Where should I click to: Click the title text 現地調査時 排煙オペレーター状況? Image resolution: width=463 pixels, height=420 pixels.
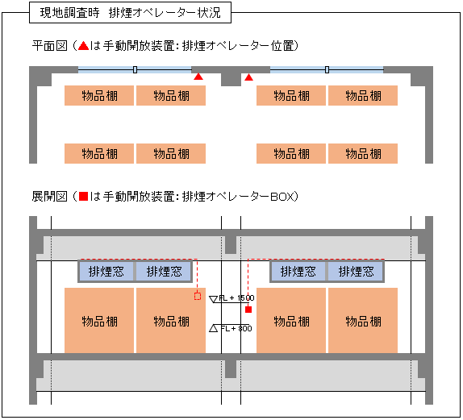coord(130,13)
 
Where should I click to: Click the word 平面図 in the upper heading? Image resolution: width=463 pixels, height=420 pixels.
coord(50,46)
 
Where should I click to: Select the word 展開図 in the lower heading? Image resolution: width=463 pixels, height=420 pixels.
coord(50,196)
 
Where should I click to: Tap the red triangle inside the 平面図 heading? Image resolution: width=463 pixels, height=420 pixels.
coord(83,46)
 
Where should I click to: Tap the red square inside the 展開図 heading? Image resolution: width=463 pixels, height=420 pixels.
coord(84,196)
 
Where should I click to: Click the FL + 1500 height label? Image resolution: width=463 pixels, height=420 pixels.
coord(236,297)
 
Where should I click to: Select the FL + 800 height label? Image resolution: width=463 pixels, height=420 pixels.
coord(236,329)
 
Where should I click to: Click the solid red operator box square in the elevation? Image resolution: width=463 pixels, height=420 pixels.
coord(248,310)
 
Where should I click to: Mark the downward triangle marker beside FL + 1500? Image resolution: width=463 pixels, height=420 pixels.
coord(213,299)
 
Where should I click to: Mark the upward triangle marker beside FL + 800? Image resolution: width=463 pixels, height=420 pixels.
coord(213,328)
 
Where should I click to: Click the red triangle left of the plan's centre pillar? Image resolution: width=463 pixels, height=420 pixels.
coord(198,77)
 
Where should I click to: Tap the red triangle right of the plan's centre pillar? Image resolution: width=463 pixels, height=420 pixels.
coord(249,77)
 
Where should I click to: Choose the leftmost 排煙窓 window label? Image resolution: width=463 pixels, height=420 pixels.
coord(106,271)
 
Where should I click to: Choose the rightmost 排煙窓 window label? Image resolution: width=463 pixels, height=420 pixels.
coord(356,271)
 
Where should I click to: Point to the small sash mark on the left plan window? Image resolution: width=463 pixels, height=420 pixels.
coord(135,69)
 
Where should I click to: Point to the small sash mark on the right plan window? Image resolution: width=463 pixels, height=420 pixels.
coord(327,69)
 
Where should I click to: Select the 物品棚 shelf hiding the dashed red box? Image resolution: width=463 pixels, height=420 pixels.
coord(171,320)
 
